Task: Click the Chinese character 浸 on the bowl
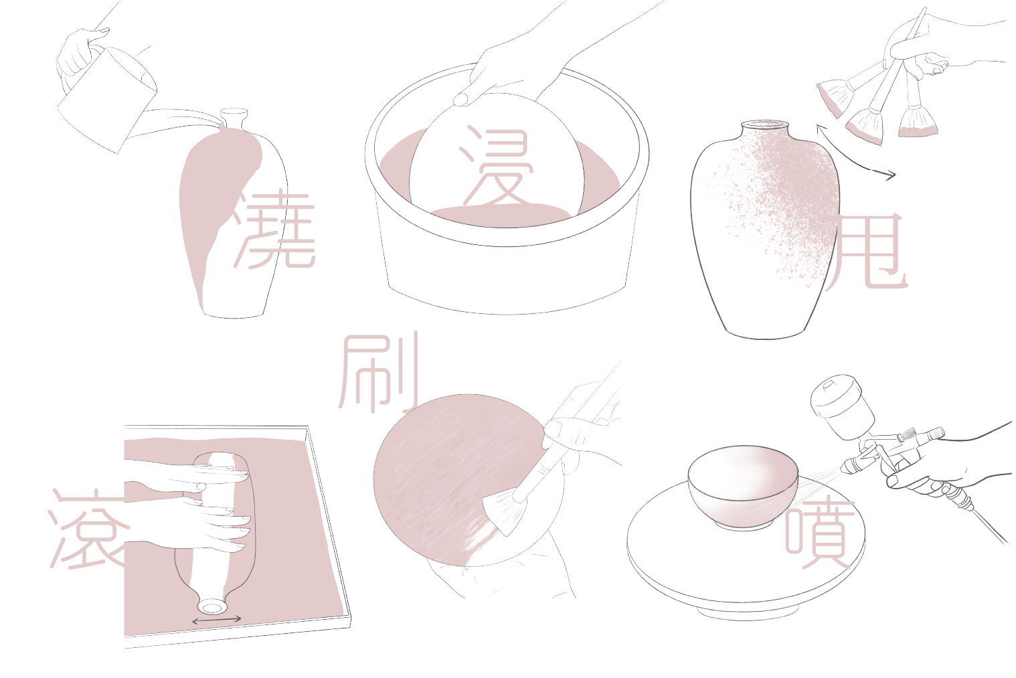pyautogui.click(x=496, y=166)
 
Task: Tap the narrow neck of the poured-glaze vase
pyautogui.click(x=233, y=118)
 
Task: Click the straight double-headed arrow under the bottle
pyautogui.click(x=217, y=620)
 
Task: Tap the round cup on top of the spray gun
pyautogui.click(x=841, y=406)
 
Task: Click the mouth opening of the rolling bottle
pyautogui.click(x=211, y=607)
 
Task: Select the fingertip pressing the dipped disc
pyautogui.click(x=462, y=99)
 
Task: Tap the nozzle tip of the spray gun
pyautogui.click(x=843, y=468)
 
